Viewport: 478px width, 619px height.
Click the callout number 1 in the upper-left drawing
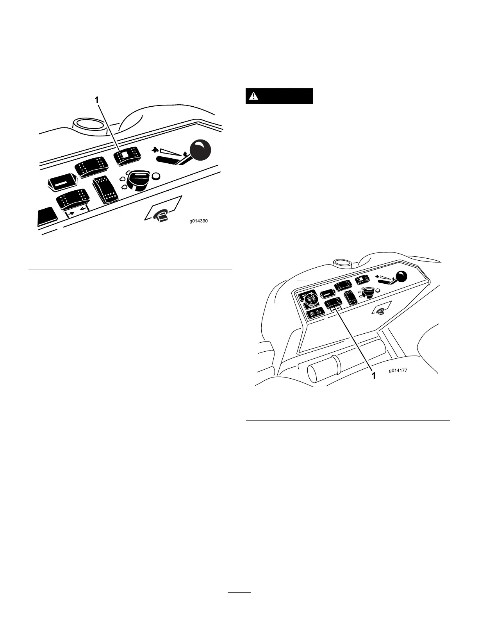tap(97, 101)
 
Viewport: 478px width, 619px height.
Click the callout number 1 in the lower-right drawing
tap(373, 376)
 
